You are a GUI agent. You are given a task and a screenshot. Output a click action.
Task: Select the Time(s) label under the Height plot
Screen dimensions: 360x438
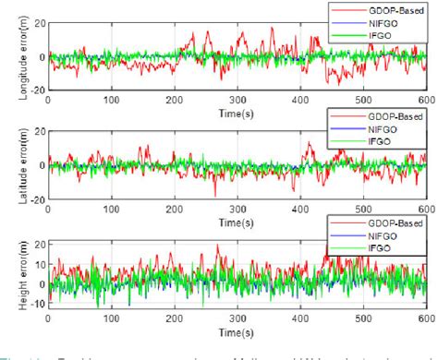[238, 330]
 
